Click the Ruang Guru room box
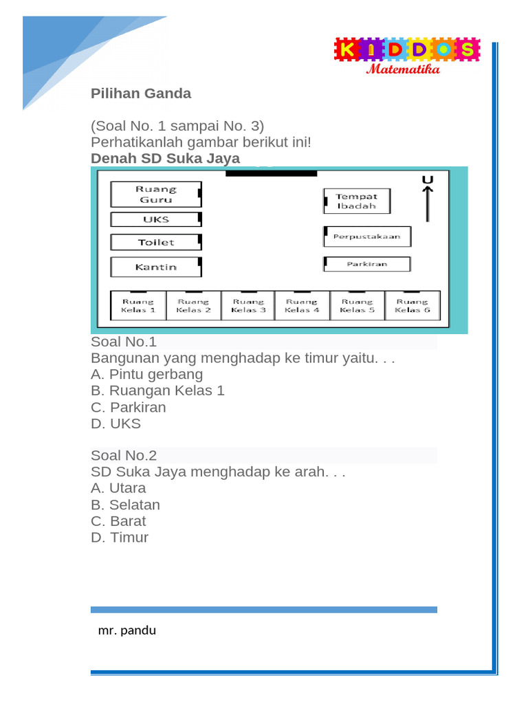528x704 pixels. tap(155, 194)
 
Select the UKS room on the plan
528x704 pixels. tap(155, 219)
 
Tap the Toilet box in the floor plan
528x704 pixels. tap(155, 242)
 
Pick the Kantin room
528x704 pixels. tap(155, 267)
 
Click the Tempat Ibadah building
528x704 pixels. tap(357, 201)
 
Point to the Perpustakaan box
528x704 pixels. tap(367, 236)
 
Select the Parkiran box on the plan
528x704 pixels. tap(366, 264)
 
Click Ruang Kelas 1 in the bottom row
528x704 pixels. tap(138, 305)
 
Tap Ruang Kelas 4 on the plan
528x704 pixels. tap(302, 305)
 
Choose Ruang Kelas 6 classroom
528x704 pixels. tap(412, 305)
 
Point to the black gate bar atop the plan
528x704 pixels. tap(271, 173)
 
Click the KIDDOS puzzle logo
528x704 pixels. tap(406, 49)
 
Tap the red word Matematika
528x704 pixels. tap(403, 69)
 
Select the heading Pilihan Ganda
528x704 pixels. tap(141, 93)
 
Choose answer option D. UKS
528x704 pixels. tap(115, 423)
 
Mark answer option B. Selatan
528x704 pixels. tap(125, 505)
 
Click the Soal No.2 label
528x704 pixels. tap(124, 455)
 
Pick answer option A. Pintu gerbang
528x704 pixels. tap(146, 374)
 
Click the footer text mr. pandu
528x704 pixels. tap(127, 630)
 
